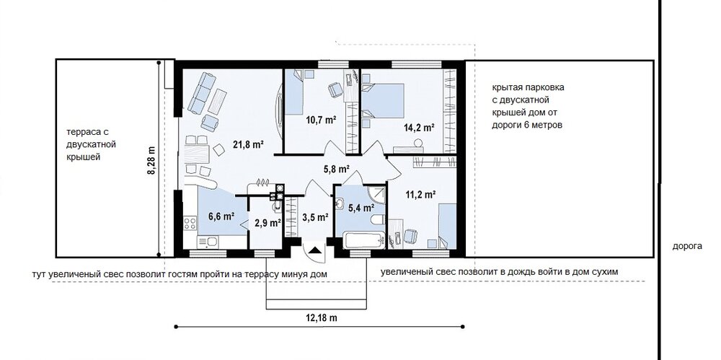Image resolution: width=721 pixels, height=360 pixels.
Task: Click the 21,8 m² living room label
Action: coord(248,145)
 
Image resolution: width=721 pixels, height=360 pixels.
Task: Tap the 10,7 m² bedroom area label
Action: coord(321,120)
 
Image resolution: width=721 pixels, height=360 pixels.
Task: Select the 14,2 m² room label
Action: coord(420,128)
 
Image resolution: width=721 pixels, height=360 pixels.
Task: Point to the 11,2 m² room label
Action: coord(421,195)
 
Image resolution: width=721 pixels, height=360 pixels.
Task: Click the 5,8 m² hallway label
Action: coord(337,169)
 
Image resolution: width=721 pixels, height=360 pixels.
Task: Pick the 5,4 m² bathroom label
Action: coord(360,208)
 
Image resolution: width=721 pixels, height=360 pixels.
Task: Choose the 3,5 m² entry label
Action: coord(315,217)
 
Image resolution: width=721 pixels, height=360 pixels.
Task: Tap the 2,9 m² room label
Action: coord(267,223)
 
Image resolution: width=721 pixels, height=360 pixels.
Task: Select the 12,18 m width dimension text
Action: coord(321,317)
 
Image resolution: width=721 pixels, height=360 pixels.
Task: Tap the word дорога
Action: coord(687,246)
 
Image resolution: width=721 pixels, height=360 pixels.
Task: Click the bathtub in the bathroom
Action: coord(363,240)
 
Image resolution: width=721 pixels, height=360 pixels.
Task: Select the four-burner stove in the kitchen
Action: coord(190,224)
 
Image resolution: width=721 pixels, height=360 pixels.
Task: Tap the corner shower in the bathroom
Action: coord(376,196)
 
